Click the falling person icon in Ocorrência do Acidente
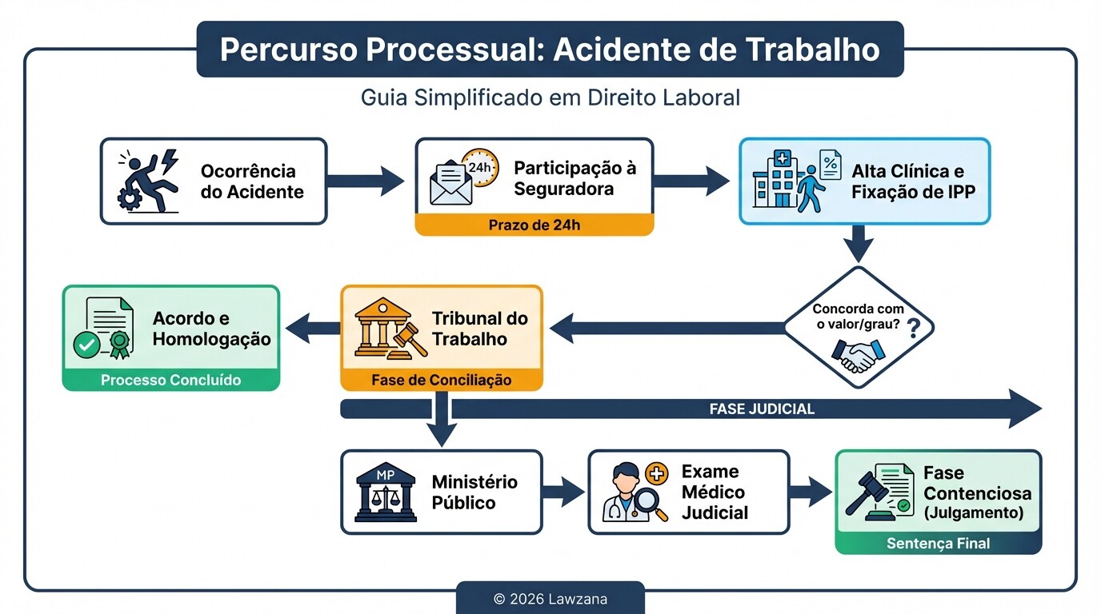(x=149, y=181)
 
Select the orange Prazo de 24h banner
(x=534, y=225)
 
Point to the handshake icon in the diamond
(x=854, y=353)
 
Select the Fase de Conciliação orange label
(x=441, y=380)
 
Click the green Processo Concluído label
(x=170, y=380)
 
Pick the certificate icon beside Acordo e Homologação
(x=102, y=328)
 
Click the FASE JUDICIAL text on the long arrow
(x=761, y=409)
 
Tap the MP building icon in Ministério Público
(x=386, y=492)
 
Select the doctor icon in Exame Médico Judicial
(x=635, y=492)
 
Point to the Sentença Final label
(x=938, y=544)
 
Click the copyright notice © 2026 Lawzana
(x=550, y=598)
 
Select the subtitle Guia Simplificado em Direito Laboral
(x=550, y=98)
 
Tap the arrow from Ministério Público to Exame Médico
(x=563, y=492)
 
